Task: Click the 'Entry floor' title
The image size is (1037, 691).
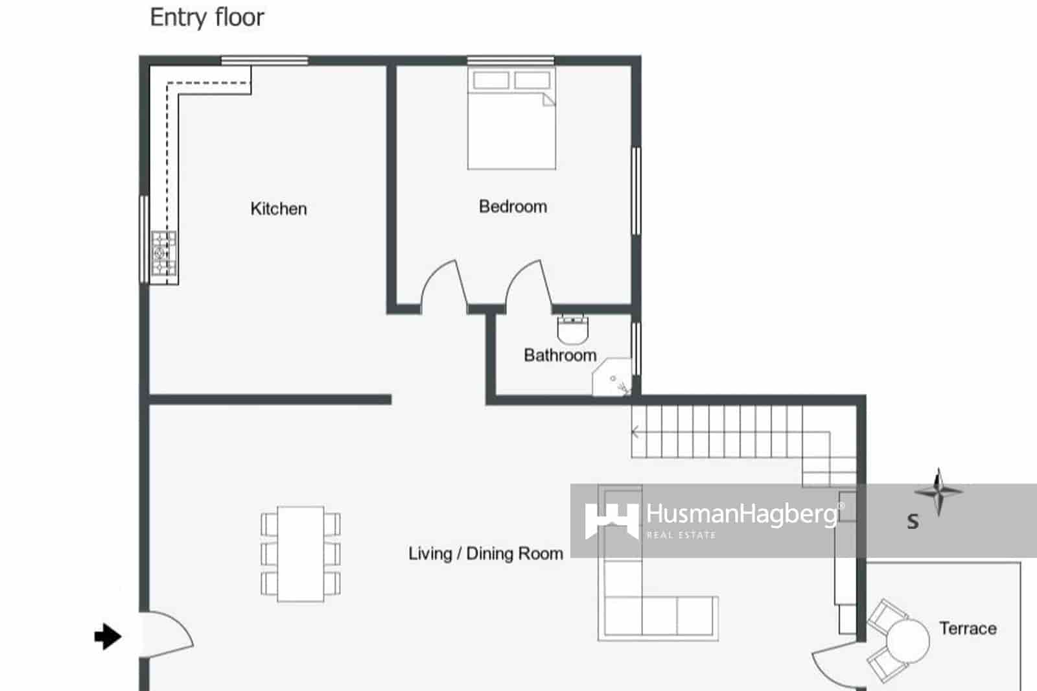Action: click(207, 18)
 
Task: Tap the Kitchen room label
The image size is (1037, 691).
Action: click(279, 209)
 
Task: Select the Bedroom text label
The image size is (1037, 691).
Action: click(513, 207)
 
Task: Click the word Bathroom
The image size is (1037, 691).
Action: click(560, 355)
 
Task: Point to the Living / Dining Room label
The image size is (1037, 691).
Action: click(485, 554)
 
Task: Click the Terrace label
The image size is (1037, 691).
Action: click(968, 628)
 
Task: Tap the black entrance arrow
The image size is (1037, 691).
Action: click(108, 637)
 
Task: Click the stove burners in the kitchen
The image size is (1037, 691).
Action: click(164, 253)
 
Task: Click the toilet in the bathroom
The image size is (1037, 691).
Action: click(572, 329)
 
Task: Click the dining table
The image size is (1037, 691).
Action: click(301, 554)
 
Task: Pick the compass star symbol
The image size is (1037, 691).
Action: click(938, 491)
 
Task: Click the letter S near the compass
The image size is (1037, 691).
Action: click(913, 521)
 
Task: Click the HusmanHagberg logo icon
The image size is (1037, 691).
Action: click(611, 521)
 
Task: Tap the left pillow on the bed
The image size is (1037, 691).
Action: click(491, 80)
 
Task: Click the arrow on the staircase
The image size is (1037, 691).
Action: click(636, 432)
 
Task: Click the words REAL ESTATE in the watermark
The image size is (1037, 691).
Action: click(681, 535)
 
